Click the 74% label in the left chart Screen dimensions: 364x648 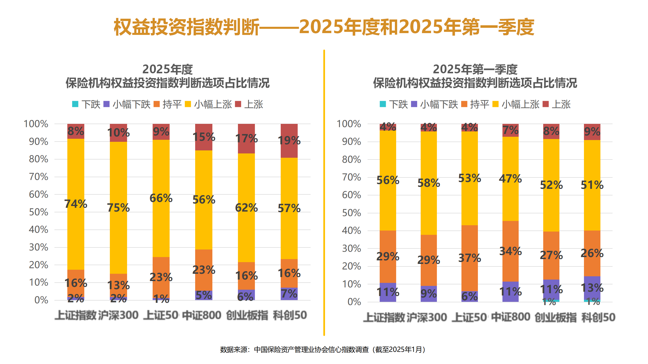pos(76,204)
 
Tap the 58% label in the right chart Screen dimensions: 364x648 pos(429,183)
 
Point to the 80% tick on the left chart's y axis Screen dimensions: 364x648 pos(38,159)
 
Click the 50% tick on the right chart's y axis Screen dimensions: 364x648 pos(351,213)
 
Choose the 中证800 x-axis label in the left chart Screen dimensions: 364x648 pos(202,315)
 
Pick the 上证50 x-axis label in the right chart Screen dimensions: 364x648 pos(469,317)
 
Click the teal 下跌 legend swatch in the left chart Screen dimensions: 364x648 pos(75,104)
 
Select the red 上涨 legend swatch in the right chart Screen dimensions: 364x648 pos(546,104)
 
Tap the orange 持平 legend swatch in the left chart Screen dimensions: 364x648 pos(157,104)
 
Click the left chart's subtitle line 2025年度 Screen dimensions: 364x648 pos(168,69)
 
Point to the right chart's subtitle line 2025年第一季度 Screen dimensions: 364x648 pos(475,69)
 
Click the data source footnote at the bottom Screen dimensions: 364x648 pos(323,350)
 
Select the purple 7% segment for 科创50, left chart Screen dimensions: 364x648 pos(289,294)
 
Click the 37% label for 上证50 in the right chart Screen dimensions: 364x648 pos(470,258)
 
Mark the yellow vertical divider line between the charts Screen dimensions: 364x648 pos(324,192)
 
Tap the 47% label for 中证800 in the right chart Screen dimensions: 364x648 pos(510,179)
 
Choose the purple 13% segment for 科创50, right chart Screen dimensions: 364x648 pos(592,288)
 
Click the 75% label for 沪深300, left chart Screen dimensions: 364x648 pos(118,208)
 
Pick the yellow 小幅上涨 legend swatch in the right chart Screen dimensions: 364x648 pos(495,104)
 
